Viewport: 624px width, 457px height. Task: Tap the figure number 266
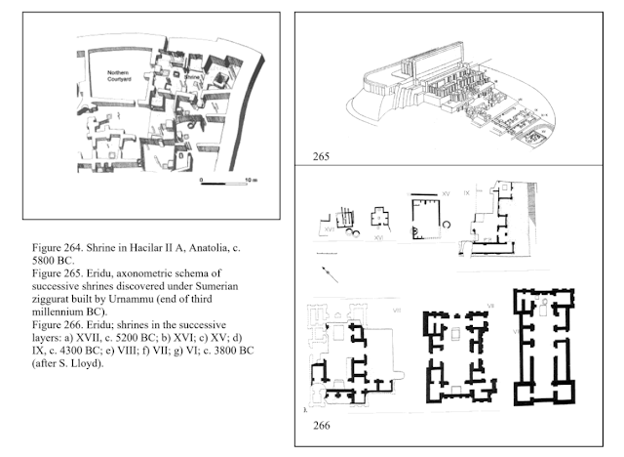(x=324, y=426)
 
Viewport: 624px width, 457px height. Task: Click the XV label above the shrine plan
(x=446, y=193)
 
